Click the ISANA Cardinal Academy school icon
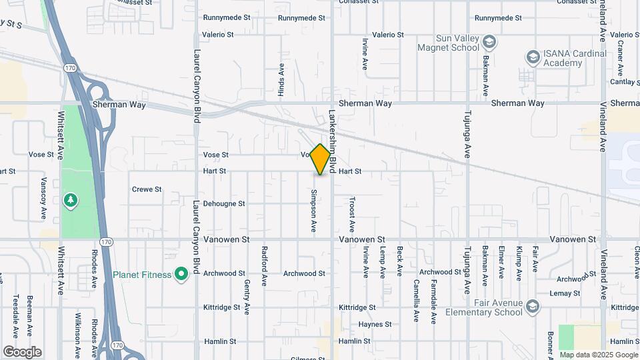pyautogui.click(x=533, y=57)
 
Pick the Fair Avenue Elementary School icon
pyautogui.click(x=532, y=307)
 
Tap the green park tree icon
pyautogui.click(x=70, y=200)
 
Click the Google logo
pyautogui.click(x=22, y=352)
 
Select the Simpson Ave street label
pyautogui.click(x=313, y=211)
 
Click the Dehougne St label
pyautogui.click(x=224, y=204)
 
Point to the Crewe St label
pyautogui.click(x=147, y=189)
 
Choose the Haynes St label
pyautogui.click(x=375, y=325)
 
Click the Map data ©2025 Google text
pyautogui.click(x=599, y=355)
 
